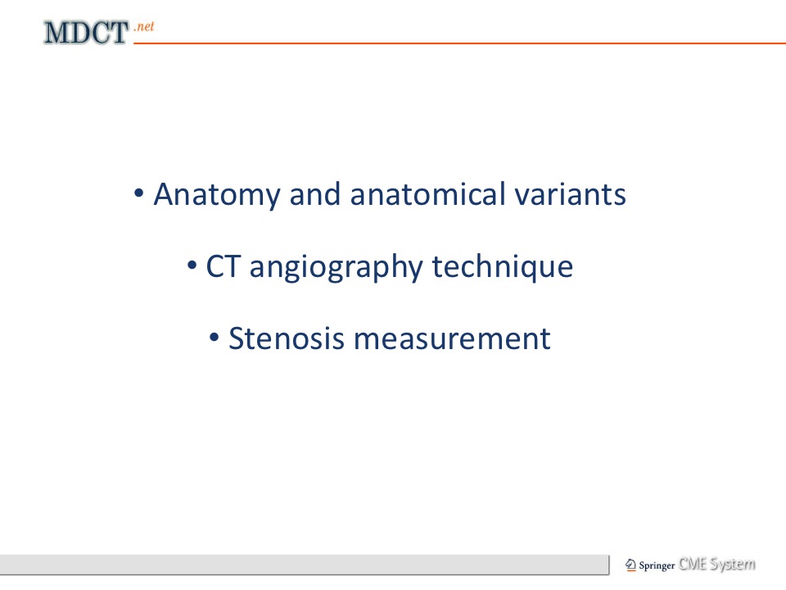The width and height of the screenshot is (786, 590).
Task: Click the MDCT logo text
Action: [86, 33]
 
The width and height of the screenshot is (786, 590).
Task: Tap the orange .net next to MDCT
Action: [144, 26]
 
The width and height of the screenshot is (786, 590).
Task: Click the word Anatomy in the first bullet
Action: [216, 195]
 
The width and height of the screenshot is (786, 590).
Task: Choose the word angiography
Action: [337, 267]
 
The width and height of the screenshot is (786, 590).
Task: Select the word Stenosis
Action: [287, 338]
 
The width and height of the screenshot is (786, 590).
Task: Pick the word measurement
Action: [452, 338]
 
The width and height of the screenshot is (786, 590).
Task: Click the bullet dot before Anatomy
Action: [139, 193]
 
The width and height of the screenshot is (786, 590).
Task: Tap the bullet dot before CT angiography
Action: [192, 265]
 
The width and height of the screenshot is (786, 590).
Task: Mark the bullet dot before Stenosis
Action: [214, 337]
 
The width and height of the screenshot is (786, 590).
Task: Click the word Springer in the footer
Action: [657, 565]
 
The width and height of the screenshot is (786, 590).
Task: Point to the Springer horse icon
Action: [630, 565]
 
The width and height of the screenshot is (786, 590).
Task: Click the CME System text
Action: [717, 564]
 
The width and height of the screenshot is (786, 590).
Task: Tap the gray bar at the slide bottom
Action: [305, 565]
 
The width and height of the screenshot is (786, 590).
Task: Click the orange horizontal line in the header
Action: [459, 43]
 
